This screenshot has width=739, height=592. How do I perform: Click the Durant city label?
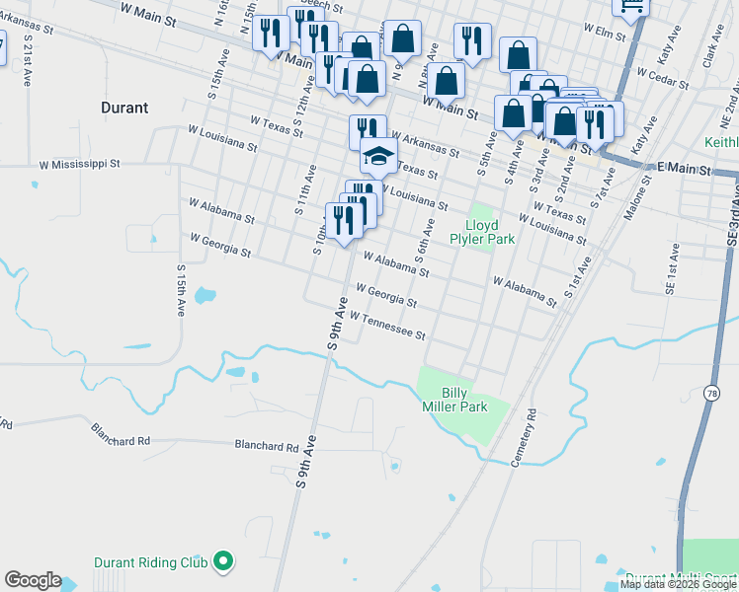(124, 108)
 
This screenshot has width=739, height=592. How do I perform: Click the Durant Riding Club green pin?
(224, 563)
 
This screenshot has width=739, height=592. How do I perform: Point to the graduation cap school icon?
(377, 155)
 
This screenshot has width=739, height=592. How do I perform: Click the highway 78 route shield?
(711, 394)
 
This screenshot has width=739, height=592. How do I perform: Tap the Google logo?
(33, 580)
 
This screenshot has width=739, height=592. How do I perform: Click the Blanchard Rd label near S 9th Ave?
(266, 446)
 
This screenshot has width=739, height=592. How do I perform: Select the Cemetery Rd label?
(523, 445)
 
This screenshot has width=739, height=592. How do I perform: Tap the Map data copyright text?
(679, 584)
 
